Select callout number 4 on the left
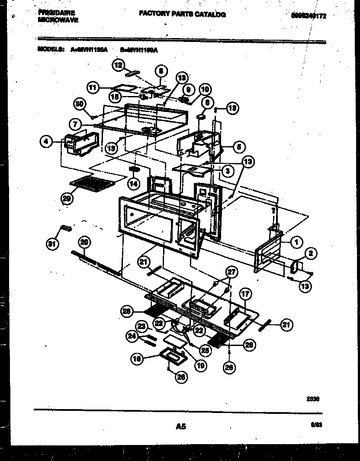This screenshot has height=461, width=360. (x=45, y=141)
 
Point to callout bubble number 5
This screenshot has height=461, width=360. (x=238, y=147)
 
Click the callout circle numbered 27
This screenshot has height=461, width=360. (x=232, y=272)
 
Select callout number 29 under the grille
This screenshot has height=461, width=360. (x=67, y=198)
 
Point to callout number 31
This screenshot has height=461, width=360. (x=52, y=244)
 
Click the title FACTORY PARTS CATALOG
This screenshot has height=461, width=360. (x=182, y=14)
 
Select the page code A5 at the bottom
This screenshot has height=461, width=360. (x=180, y=426)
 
